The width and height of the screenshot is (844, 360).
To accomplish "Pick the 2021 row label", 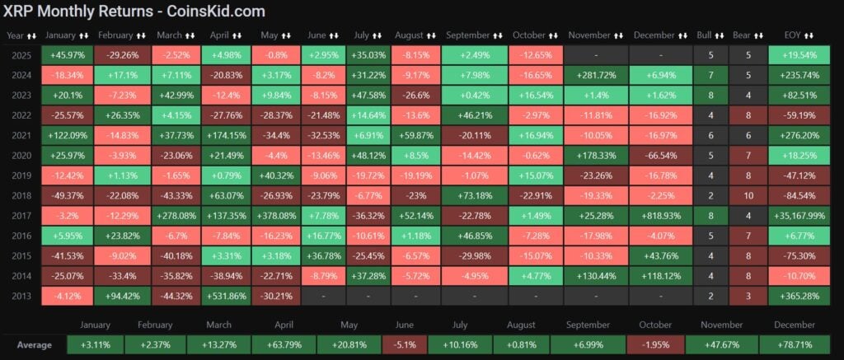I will click(21, 134).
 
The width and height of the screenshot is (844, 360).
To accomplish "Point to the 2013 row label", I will click(21, 293).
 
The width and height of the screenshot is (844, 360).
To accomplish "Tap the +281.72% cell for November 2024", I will click(596, 75).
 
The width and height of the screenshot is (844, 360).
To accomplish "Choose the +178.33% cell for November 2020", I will click(596, 154).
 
